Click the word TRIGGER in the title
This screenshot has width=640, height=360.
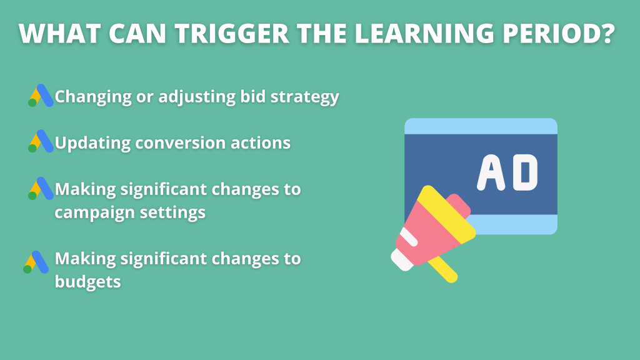(x=232, y=34)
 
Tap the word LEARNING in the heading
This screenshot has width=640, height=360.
(x=424, y=34)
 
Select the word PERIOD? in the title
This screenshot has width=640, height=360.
(x=558, y=34)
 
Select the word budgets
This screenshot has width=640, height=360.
(x=87, y=282)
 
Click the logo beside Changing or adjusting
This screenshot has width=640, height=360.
(x=41, y=96)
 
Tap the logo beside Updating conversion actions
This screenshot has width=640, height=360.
(x=41, y=141)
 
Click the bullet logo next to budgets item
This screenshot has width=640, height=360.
(x=36, y=262)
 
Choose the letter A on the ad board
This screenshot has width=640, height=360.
(x=491, y=172)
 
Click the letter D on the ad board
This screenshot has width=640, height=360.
(x=525, y=172)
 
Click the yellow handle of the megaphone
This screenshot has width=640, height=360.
(x=443, y=269)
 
